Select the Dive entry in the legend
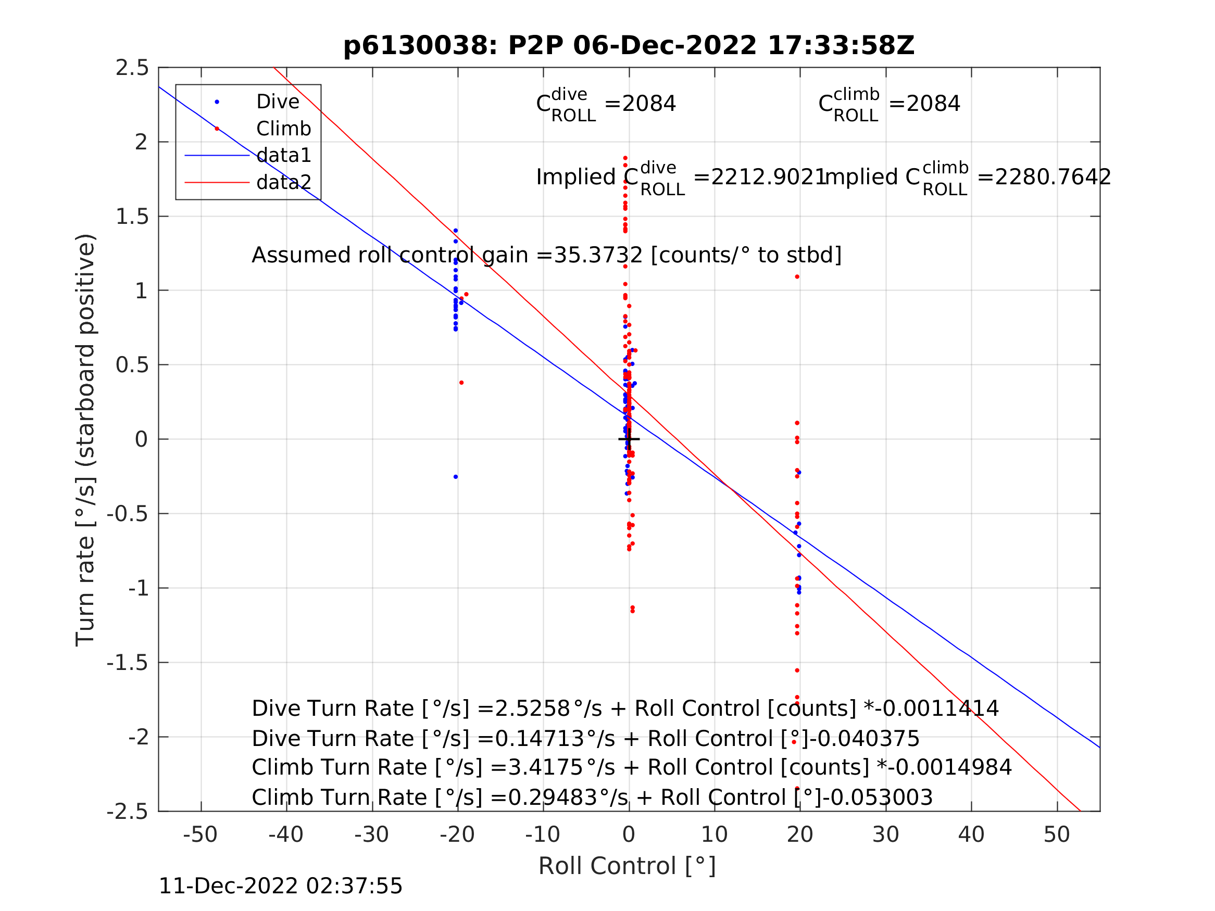click(278, 102)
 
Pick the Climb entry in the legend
click(283, 129)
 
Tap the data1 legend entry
click(283, 156)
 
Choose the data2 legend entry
click(283, 182)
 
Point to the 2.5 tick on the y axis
click(132, 68)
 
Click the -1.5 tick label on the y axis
click(128, 663)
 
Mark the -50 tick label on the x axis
click(201, 834)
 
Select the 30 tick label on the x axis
click(885, 834)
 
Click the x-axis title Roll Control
click(627, 866)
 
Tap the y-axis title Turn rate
click(86, 439)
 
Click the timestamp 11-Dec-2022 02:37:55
click(280, 887)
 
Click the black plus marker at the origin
click(629, 439)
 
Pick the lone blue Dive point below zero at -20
click(455, 477)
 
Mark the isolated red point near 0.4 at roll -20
click(461, 383)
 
